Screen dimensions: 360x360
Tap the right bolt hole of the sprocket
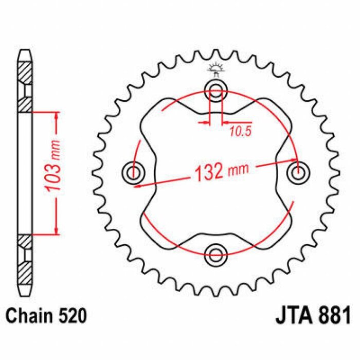pos(297,172)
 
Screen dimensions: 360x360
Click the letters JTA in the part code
pos(291,314)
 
